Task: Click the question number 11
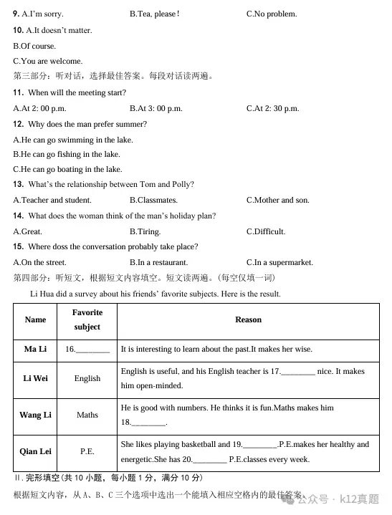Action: coord(19,93)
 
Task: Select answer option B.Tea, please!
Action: coord(154,14)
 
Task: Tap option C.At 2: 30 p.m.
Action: coord(272,109)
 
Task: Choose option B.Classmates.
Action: coord(153,201)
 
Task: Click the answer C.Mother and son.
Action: coord(277,201)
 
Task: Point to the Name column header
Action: coord(35,320)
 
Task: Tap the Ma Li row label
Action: coord(35,350)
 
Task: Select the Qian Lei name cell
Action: coord(35,452)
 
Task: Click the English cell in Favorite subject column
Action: coord(87,379)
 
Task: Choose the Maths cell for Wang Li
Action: coord(87,415)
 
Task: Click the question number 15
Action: coord(19,247)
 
